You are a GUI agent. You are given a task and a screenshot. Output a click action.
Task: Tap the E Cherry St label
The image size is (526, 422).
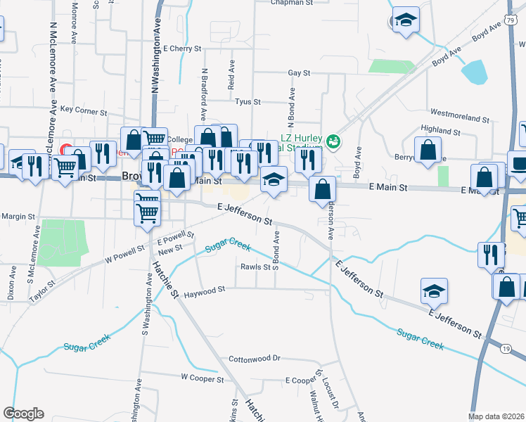181,49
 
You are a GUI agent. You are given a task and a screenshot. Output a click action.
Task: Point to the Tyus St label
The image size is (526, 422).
247,102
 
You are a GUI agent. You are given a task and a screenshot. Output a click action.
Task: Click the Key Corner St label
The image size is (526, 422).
83,111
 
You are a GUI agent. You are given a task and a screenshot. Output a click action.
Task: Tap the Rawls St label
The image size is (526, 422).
256,267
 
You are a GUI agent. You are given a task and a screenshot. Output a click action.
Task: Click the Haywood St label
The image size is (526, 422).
204,289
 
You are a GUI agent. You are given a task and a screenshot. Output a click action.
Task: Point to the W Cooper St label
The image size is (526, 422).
202,378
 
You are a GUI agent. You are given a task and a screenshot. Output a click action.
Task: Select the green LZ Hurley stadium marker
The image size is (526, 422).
333,141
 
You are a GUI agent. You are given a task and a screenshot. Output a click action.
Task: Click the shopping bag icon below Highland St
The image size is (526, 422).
428,150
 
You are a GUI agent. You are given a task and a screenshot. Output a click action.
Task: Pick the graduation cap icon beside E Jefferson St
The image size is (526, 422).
435,290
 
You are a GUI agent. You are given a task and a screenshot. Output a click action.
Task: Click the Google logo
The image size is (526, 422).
23,414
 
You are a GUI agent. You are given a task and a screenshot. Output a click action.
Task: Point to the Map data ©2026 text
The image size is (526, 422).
496,416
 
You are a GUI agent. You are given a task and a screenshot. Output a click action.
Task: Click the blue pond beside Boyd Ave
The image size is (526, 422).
474,71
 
